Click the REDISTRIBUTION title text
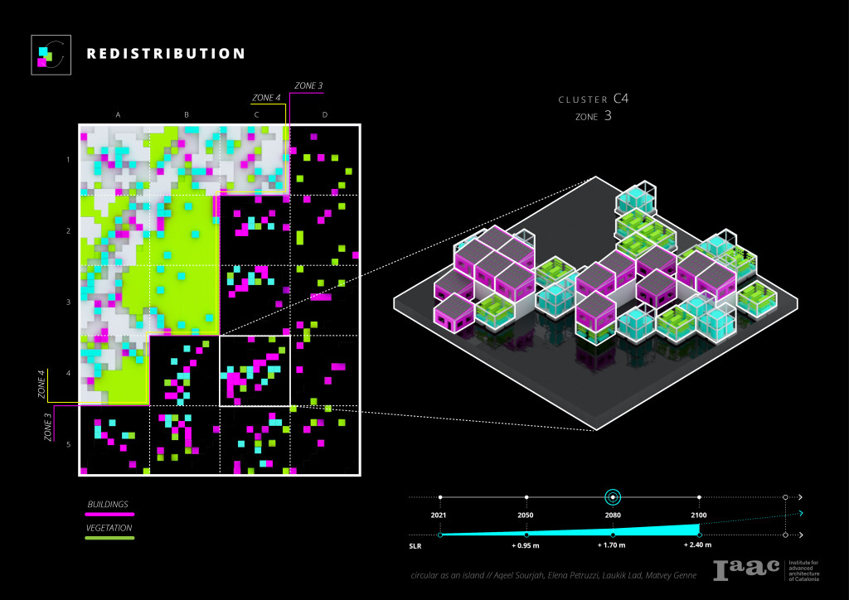point(166,54)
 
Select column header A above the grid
point(119,114)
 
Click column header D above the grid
point(324,114)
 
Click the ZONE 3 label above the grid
point(308,85)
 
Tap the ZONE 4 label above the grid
point(266,98)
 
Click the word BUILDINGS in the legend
point(108,504)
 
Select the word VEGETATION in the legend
point(110,528)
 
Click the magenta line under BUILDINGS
point(110,515)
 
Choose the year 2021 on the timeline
point(440,515)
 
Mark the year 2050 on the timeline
point(526,515)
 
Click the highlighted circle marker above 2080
point(613,497)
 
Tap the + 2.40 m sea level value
point(698,546)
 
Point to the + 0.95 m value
point(526,546)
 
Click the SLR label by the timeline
point(417,546)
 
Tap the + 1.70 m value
point(613,546)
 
